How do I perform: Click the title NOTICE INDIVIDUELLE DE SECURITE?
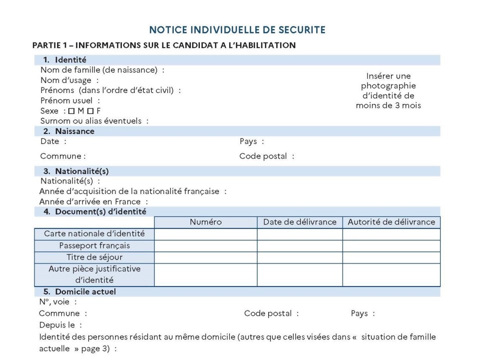tap(237, 30)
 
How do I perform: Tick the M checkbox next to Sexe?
tap(71, 111)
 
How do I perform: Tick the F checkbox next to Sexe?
tap(90, 111)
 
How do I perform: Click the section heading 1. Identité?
tap(70, 60)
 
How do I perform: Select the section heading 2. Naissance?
tap(74, 131)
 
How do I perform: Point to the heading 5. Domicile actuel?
tap(85, 291)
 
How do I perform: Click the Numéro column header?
tap(205, 222)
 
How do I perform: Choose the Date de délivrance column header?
tap(300, 222)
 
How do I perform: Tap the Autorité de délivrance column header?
tap(391, 222)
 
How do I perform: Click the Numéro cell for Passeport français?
tap(205, 246)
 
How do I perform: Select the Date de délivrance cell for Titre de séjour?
tap(300, 257)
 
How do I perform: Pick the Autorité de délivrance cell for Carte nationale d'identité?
tap(391, 234)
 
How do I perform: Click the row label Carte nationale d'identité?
tap(94, 234)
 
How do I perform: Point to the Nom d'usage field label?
tap(66, 80)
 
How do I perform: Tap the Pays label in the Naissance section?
tap(248, 141)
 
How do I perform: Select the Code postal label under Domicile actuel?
tap(268, 313)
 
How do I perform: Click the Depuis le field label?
tap(56, 325)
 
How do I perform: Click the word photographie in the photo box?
tap(388, 86)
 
